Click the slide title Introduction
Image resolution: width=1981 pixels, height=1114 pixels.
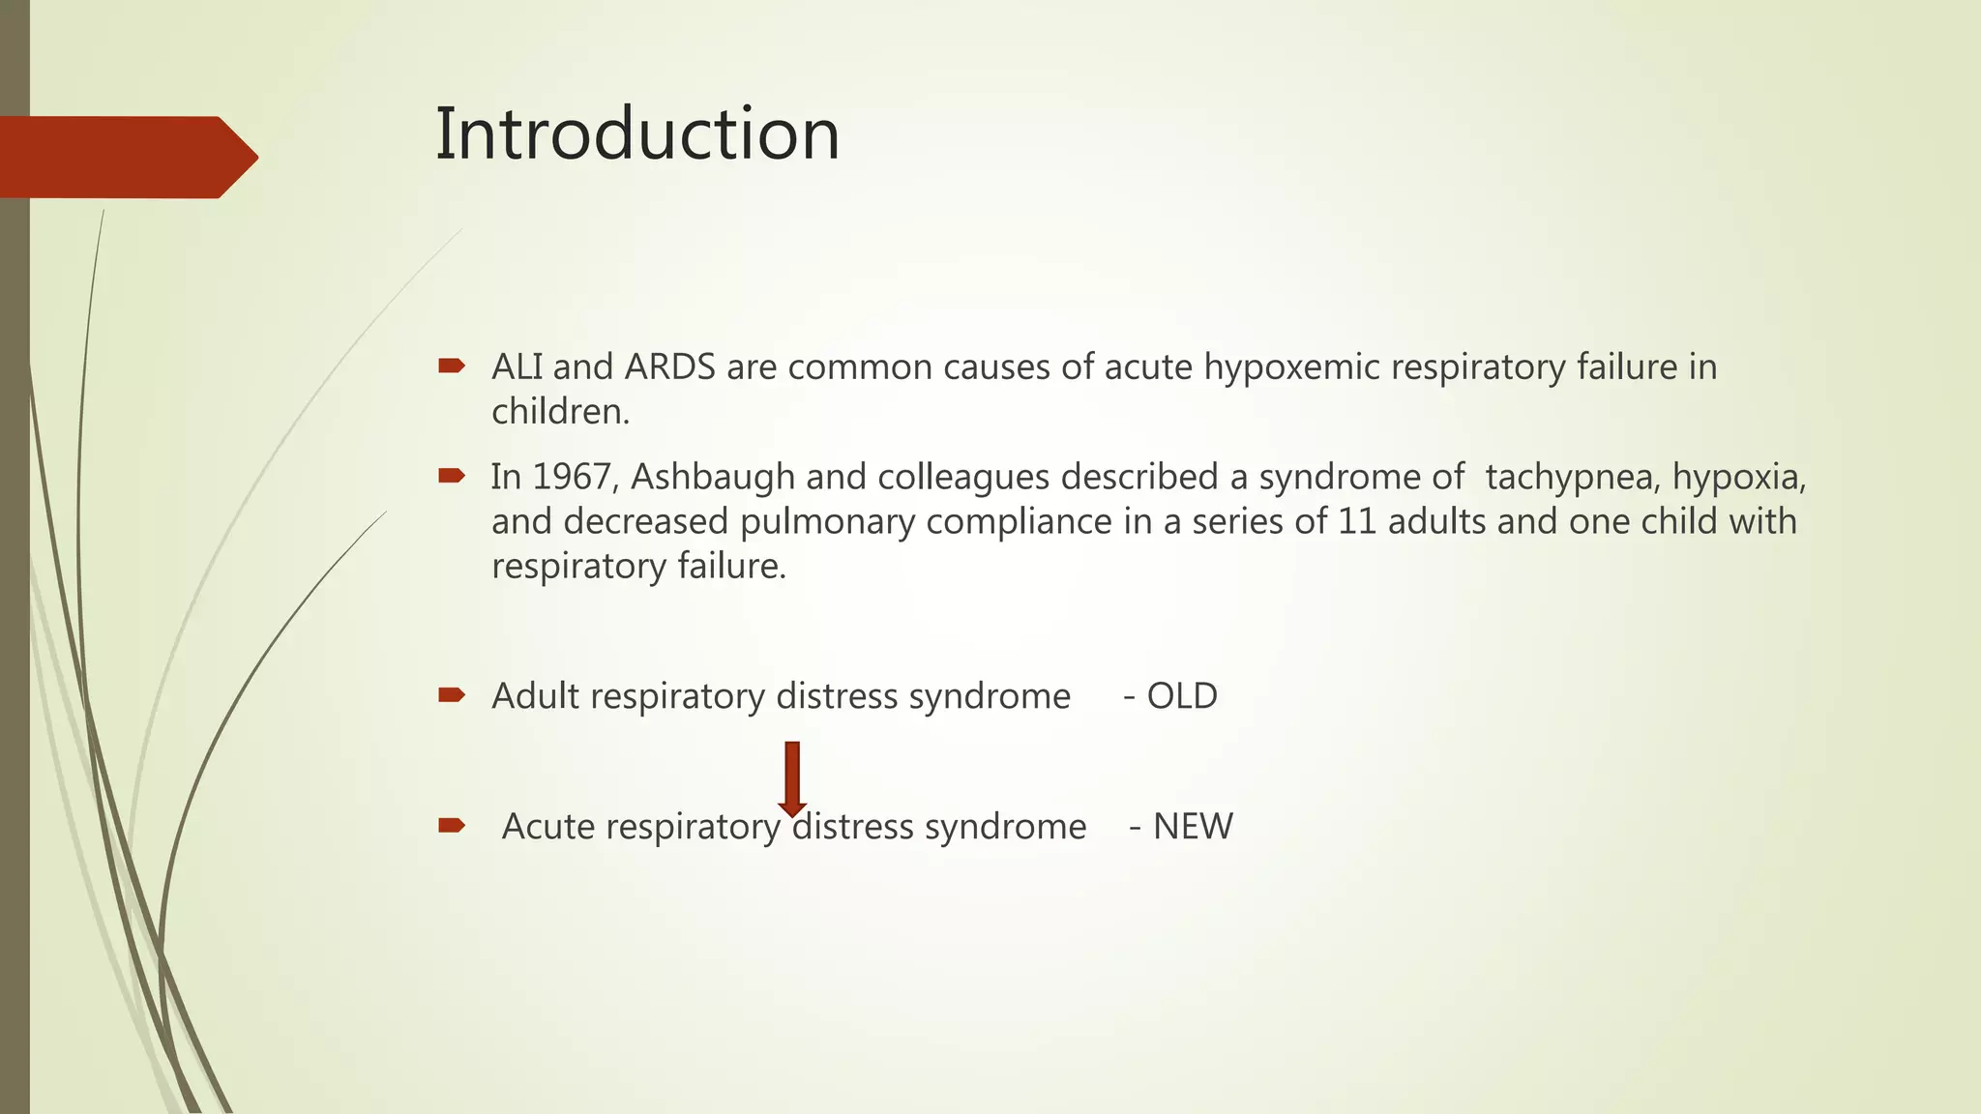(x=636, y=134)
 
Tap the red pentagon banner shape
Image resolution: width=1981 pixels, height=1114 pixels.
(x=126, y=158)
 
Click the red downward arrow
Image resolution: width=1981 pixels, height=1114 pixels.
(x=792, y=778)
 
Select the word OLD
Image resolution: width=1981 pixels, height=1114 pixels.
(x=1181, y=696)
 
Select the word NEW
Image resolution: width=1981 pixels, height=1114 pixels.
(x=1193, y=827)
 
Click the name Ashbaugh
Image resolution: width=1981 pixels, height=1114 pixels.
(x=713, y=477)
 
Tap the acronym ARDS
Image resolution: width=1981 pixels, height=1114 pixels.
(x=669, y=367)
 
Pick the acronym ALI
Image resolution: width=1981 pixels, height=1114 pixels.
(x=517, y=367)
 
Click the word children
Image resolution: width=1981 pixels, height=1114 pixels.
(x=560, y=412)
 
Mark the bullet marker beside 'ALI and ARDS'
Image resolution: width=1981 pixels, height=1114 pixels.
(x=452, y=366)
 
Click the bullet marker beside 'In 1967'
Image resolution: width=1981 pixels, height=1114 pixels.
(x=452, y=475)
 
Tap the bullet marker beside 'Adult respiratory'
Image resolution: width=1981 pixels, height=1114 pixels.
(x=452, y=694)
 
